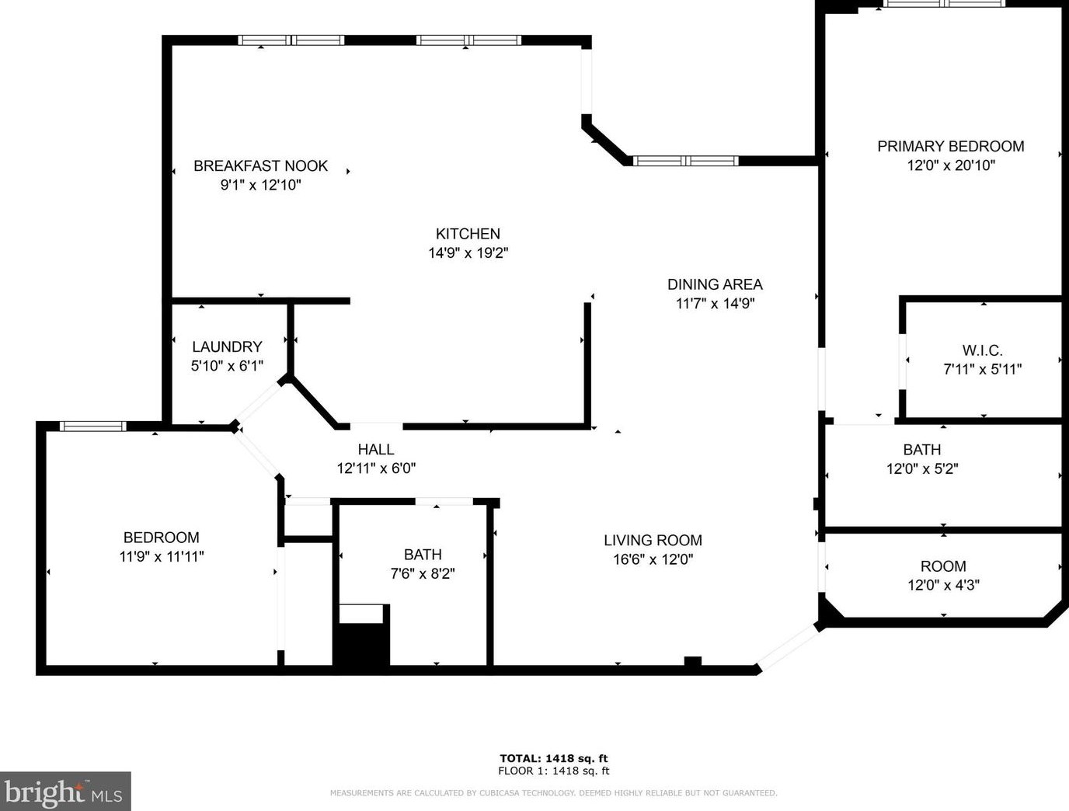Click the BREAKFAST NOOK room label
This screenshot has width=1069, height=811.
pos(260,165)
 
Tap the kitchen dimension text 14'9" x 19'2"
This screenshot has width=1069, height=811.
pos(468,252)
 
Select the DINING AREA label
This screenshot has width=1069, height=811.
pos(715,284)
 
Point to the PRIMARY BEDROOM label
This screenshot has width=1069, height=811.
pos(950,146)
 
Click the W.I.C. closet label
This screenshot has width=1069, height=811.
pos(982,350)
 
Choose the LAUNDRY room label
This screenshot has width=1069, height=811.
pos(227,346)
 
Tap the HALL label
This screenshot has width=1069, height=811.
pos(376,449)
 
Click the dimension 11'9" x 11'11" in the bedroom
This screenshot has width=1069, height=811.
pos(162,556)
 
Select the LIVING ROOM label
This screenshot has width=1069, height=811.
pos(653,540)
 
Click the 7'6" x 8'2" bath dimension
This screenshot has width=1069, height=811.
pos(423,573)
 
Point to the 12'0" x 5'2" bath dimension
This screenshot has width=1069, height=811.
pos(922,468)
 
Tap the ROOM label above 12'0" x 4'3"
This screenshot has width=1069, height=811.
pos(943,566)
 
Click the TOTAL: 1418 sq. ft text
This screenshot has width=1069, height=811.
pos(553,758)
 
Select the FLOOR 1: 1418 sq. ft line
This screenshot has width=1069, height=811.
pos(553,771)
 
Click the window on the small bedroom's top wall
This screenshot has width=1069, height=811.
pos(92,426)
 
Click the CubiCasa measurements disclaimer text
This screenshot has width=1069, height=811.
pos(553,793)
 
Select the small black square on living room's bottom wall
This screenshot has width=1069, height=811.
pos(692,662)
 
